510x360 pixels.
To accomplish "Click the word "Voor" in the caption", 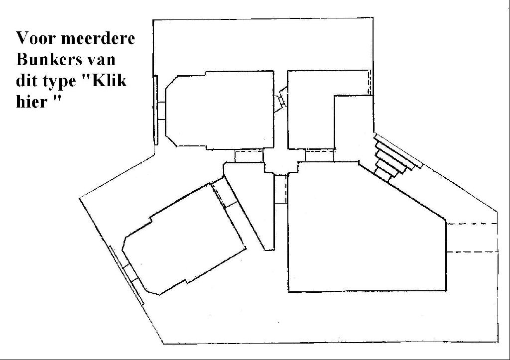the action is point(35,38).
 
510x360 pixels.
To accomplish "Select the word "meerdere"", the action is point(98,38).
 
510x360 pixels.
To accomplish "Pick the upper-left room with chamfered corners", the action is point(220,110).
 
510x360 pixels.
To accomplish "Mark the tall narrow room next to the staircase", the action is point(354,128).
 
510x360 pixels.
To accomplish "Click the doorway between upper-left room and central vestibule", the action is point(249,156).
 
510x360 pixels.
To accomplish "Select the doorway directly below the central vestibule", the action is point(281,189).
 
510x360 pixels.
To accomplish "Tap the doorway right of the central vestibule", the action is point(320,155).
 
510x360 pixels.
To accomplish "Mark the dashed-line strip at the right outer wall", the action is point(472,238).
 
